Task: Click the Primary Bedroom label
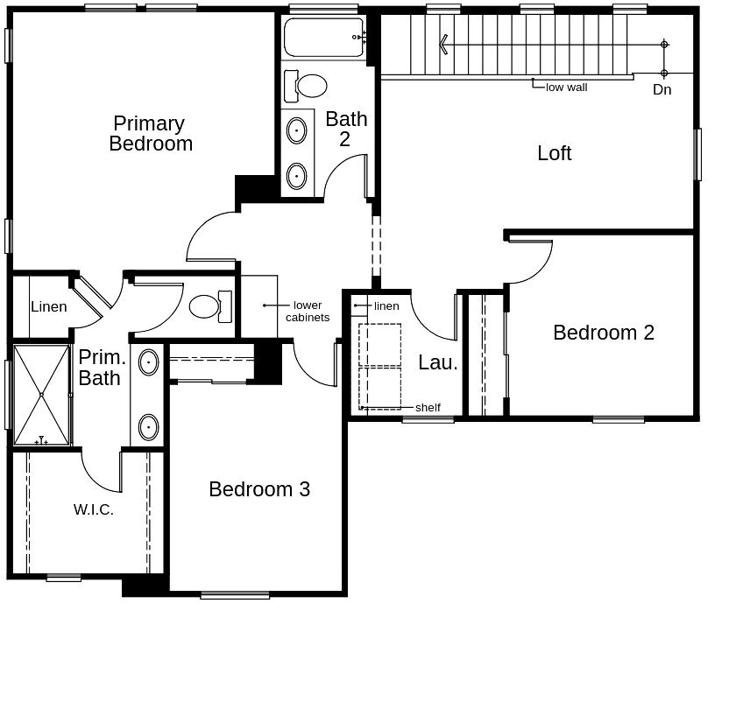[150, 133]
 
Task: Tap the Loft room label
[554, 153]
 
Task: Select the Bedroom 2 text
[603, 333]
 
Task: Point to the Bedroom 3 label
[258, 489]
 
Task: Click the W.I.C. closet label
[93, 509]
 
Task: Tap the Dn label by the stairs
[662, 89]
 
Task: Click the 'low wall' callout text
[566, 87]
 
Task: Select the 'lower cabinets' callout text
[308, 312]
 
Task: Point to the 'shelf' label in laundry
[428, 407]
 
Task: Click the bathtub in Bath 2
[323, 37]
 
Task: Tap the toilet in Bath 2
[308, 86]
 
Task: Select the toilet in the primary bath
[208, 306]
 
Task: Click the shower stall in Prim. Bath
[41, 395]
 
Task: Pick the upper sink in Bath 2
[297, 130]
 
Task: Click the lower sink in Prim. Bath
[148, 427]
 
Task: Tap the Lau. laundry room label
[437, 362]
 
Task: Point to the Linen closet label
[48, 306]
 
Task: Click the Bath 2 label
[346, 129]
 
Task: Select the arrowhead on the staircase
[444, 44]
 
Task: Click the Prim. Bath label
[102, 368]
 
